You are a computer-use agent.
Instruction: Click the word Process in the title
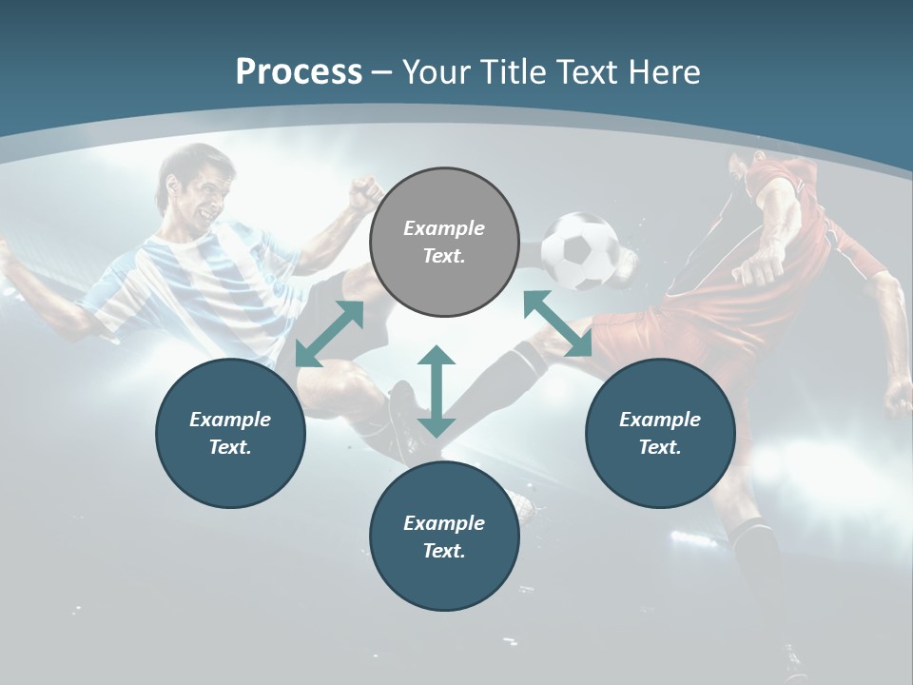pyautogui.click(x=299, y=72)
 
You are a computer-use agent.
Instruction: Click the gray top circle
pyautogui.click(x=444, y=242)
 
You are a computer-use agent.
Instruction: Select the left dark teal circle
pyautogui.click(x=230, y=433)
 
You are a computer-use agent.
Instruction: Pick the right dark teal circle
pyautogui.click(x=660, y=433)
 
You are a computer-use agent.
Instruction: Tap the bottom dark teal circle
pyautogui.click(x=444, y=537)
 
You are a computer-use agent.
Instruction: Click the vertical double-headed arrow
pyautogui.click(x=437, y=391)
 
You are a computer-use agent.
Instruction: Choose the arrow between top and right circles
pyautogui.click(x=557, y=323)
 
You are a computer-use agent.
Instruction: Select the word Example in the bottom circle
pyautogui.click(x=444, y=522)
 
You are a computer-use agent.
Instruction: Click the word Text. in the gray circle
pyautogui.click(x=444, y=256)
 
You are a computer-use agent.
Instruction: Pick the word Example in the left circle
pyautogui.click(x=230, y=419)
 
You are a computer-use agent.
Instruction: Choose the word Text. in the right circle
pyautogui.click(x=660, y=447)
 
